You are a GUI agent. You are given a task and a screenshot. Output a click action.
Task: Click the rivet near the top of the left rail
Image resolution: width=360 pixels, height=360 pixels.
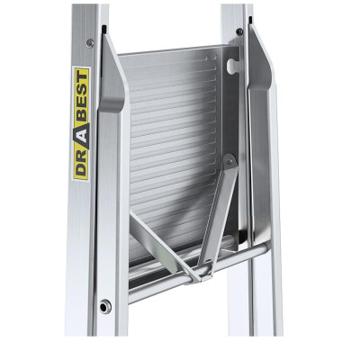(90, 42)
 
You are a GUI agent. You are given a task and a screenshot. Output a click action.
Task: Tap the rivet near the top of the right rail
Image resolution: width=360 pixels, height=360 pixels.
(239, 32)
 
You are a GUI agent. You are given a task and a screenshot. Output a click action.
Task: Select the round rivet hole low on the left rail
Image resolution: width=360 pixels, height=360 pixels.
(105, 305)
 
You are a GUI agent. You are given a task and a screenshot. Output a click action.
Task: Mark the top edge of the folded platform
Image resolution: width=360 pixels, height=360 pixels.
(171, 52)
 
